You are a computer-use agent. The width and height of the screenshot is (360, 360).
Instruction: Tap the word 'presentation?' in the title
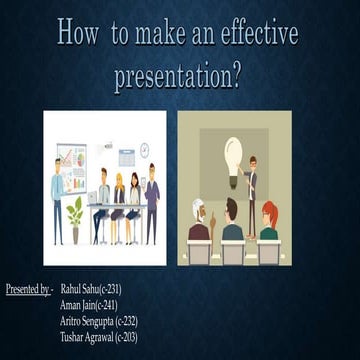click(x=179, y=76)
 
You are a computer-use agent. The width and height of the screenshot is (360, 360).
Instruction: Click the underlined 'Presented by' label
click(x=28, y=289)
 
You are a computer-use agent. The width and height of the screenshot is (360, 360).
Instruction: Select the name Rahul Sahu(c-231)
click(x=92, y=289)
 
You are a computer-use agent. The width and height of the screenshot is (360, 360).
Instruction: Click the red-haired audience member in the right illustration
click(x=269, y=222)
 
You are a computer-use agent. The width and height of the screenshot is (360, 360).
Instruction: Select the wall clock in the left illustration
click(x=144, y=150)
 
